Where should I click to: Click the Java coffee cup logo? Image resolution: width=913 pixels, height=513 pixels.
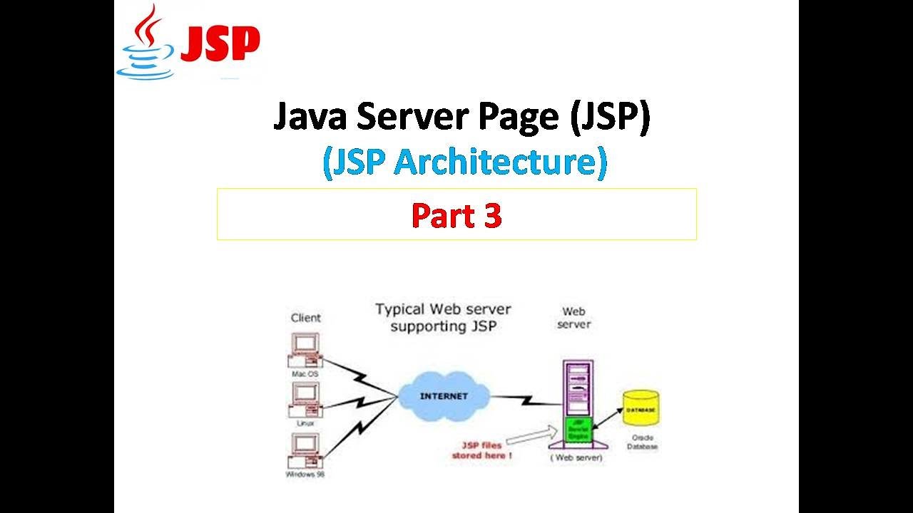pyautogui.click(x=147, y=43)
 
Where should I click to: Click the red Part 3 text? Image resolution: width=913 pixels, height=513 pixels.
pyautogui.click(x=456, y=216)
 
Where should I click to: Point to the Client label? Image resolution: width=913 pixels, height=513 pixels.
pyautogui.click(x=305, y=318)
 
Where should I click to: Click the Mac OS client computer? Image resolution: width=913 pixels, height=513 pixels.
pyautogui.click(x=305, y=350)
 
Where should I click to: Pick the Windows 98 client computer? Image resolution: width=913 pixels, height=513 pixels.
pyautogui.click(x=305, y=449)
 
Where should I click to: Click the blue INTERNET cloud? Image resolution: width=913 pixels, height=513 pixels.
pyautogui.click(x=444, y=396)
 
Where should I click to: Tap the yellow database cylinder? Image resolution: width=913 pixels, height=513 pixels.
pyautogui.click(x=641, y=410)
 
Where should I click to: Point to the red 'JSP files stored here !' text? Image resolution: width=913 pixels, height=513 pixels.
pyautogui.click(x=481, y=450)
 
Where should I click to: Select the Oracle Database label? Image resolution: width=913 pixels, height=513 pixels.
pyautogui.click(x=643, y=442)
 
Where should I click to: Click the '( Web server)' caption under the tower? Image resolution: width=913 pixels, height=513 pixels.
pyautogui.click(x=576, y=457)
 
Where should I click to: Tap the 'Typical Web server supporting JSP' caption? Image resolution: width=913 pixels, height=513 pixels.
pyautogui.click(x=443, y=318)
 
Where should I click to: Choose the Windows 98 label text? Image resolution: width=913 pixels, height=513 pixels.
pyautogui.click(x=305, y=475)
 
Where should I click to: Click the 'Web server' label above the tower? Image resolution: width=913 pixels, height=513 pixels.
pyautogui.click(x=574, y=318)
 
